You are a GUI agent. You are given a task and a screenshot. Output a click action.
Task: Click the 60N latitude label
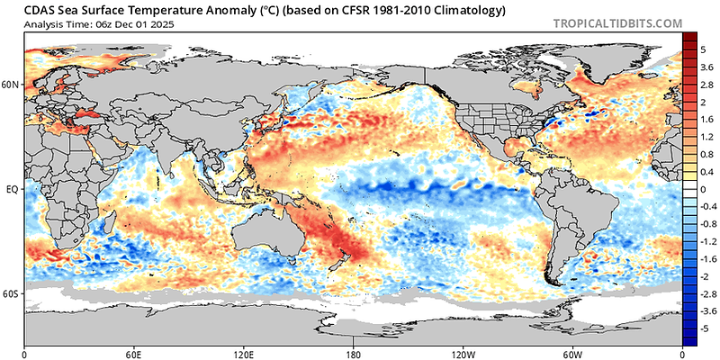coord(12,85)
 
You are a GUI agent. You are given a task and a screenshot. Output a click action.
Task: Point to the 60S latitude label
coord(12,294)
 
